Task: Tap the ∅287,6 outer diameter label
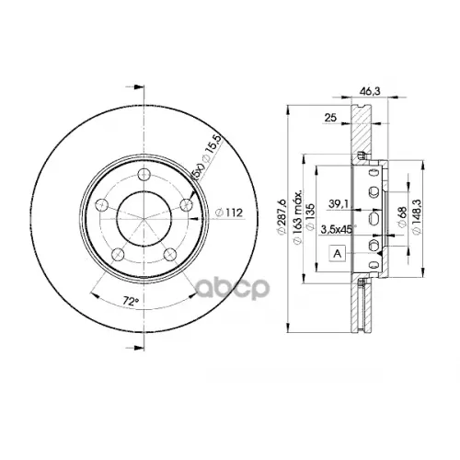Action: pyautogui.click(x=282, y=217)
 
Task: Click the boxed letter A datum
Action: pyautogui.click(x=337, y=255)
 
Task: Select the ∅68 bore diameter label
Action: pyautogui.click(x=401, y=217)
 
